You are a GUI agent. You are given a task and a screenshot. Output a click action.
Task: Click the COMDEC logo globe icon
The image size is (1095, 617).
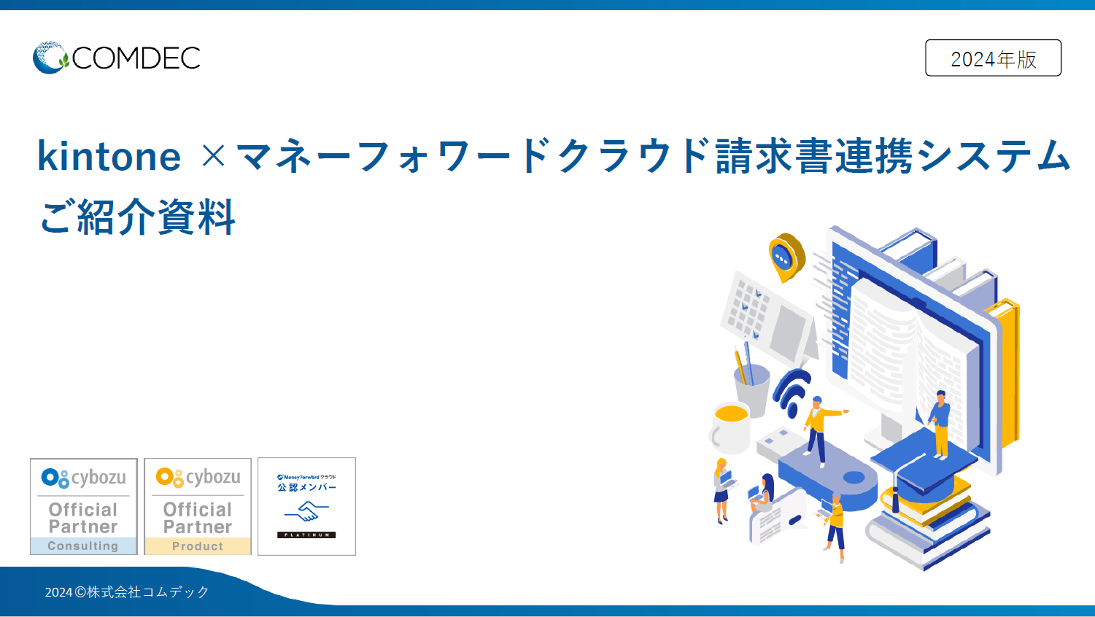(x=50, y=58)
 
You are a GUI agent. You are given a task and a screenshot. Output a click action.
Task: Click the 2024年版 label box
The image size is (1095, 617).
(x=993, y=58)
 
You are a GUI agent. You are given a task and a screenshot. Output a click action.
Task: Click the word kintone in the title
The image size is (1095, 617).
(x=109, y=156)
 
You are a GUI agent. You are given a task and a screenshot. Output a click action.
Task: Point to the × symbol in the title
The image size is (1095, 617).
(x=213, y=155)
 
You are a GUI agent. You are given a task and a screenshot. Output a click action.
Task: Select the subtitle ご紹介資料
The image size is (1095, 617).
(x=138, y=217)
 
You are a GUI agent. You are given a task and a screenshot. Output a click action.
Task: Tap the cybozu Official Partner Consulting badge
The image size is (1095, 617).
(x=84, y=506)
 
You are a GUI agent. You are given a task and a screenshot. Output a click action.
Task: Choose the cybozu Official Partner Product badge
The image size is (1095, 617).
(x=198, y=506)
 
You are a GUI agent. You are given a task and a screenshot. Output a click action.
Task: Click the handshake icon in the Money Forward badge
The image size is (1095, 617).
(x=306, y=511)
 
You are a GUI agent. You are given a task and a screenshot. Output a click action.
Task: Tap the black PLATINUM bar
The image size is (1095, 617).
(x=306, y=535)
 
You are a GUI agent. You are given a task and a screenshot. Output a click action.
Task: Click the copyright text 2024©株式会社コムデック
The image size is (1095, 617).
(x=127, y=592)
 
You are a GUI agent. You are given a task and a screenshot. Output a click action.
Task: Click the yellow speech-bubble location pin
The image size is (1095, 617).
(x=786, y=256)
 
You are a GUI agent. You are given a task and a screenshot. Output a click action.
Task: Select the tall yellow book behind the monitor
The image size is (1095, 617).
(x=1007, y=372)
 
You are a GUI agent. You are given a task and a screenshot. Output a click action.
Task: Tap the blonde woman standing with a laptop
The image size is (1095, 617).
(x=721, y=490)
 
